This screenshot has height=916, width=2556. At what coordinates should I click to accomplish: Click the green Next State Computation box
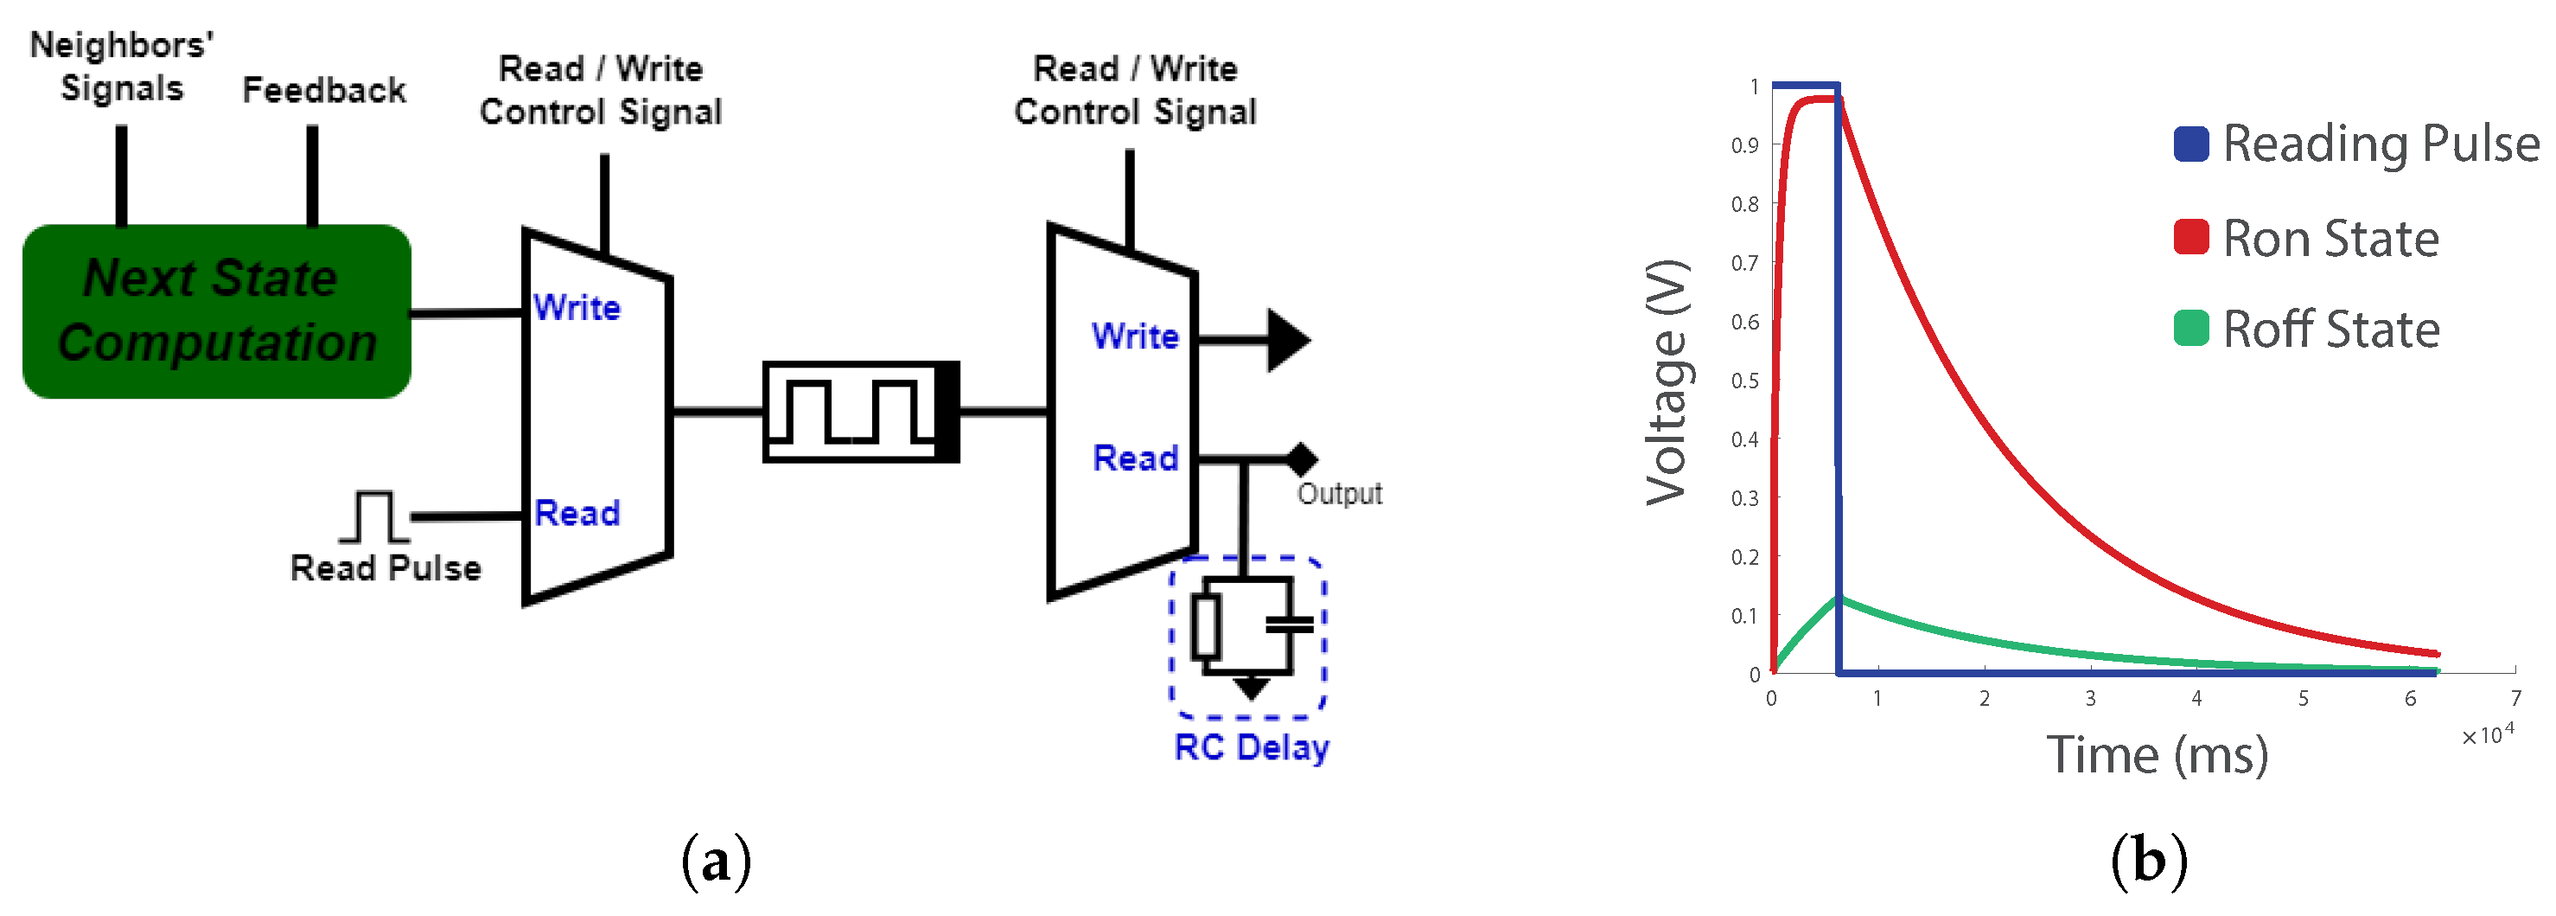point(216,311)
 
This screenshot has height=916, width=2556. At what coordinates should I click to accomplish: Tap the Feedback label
point(323,90)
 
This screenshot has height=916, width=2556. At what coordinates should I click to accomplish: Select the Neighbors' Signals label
point(121,67)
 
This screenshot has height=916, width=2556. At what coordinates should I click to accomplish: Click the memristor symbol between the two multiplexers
point(860,411)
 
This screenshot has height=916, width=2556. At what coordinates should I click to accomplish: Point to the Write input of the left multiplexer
point(577,307)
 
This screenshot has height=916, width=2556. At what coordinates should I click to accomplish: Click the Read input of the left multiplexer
point(577,513)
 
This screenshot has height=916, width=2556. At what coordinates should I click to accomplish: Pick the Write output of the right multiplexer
point(1134,336)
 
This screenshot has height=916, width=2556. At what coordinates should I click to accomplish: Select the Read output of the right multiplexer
point(1134,458)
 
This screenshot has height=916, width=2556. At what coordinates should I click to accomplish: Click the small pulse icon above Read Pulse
point(373,516)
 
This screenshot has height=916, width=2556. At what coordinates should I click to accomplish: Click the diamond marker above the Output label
point(1301,459)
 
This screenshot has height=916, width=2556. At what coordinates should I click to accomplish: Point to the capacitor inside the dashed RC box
point(1289,625)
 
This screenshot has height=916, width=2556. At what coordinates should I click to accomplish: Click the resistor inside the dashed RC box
point(1206,626)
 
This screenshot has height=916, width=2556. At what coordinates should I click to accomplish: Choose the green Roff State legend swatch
point(2189,329)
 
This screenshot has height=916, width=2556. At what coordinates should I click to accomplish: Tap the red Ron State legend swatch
point(2189,237)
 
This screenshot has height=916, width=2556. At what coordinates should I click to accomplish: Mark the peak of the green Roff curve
point(1839,598)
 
